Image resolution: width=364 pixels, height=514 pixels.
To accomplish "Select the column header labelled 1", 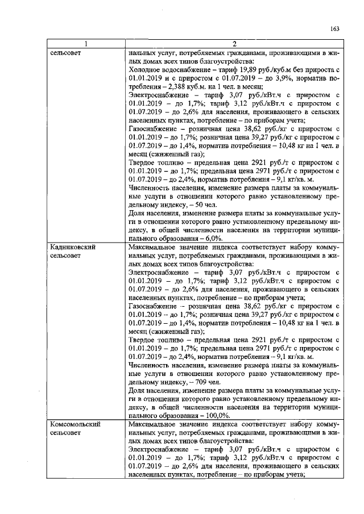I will point(86,45).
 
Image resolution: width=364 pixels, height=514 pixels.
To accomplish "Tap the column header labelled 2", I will point(234,45).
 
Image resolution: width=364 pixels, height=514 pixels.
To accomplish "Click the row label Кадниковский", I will point(72,247).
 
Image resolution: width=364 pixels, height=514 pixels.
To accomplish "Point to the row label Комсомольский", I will point(75,424).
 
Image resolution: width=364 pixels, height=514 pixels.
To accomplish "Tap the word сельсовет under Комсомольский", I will point(65,433).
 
